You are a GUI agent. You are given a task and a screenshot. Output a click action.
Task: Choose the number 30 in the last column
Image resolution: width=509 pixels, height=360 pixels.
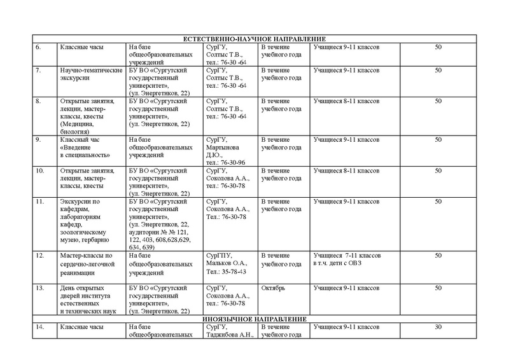pyautogui.click(x=438, y=327)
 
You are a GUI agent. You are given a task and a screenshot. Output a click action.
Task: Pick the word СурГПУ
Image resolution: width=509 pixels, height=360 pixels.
pyautogui.click(x=220, y=255)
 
